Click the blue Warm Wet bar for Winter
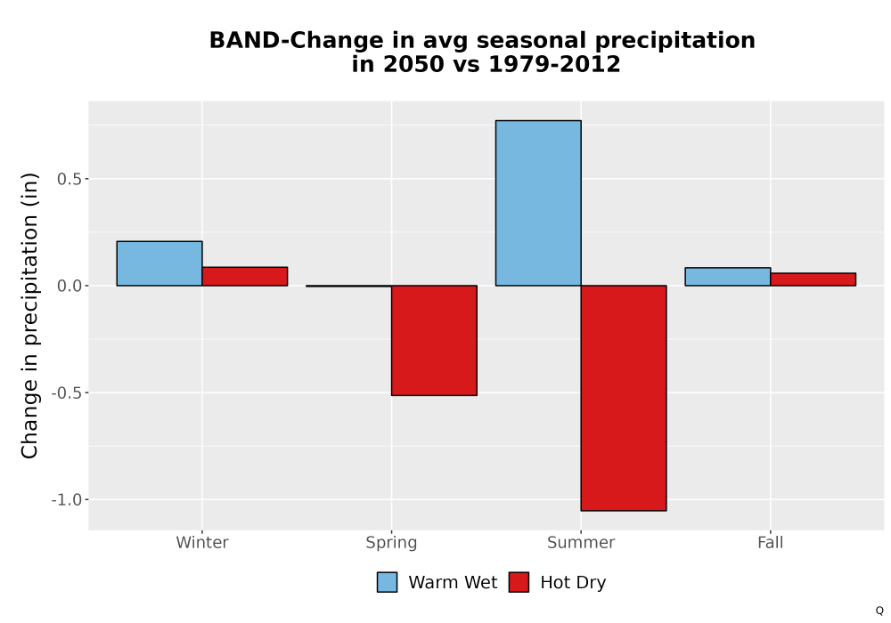pos(159,263)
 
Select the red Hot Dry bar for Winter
pos(245,276)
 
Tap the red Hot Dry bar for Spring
pos(434,341)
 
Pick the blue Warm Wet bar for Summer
pos(538,203)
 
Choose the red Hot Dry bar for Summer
pos(624,398)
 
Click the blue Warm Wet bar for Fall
pos(728,276)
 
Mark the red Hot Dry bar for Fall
pos(813,279)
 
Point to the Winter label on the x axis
pos(202,542)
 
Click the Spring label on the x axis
pos(391,543)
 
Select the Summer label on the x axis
pos(581,542)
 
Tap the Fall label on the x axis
pos(771,542)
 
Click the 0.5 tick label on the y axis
pos(69,179)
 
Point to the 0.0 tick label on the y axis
pos(69,286)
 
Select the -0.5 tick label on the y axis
pos(67,392)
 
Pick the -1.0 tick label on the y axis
pos(67,499)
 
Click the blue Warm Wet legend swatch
pos(387,582)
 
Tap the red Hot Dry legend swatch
pos(519,582)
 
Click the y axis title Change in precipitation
pos(29,315)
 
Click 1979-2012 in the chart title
pos(554,64)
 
